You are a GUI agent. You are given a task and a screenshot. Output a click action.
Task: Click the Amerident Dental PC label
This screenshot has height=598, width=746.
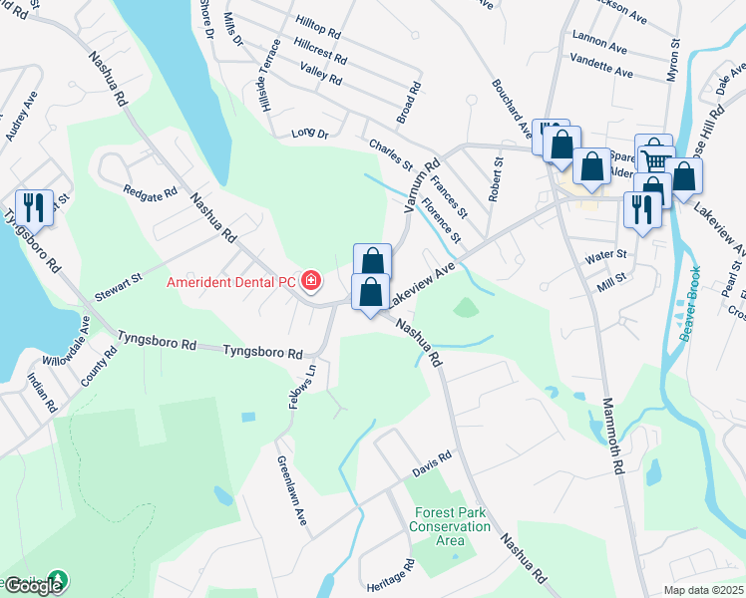233,283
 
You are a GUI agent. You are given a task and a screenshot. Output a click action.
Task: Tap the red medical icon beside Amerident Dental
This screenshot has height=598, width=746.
311,281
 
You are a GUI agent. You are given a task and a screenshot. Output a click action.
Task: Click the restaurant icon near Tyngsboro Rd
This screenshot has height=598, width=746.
35,207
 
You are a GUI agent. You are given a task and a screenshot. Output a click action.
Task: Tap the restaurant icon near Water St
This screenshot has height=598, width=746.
640,209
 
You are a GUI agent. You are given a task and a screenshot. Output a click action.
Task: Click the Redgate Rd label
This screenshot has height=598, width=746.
149,189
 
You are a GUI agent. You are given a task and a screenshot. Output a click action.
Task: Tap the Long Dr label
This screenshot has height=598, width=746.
309,133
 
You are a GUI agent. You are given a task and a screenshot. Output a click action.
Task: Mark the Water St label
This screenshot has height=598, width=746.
605,255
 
